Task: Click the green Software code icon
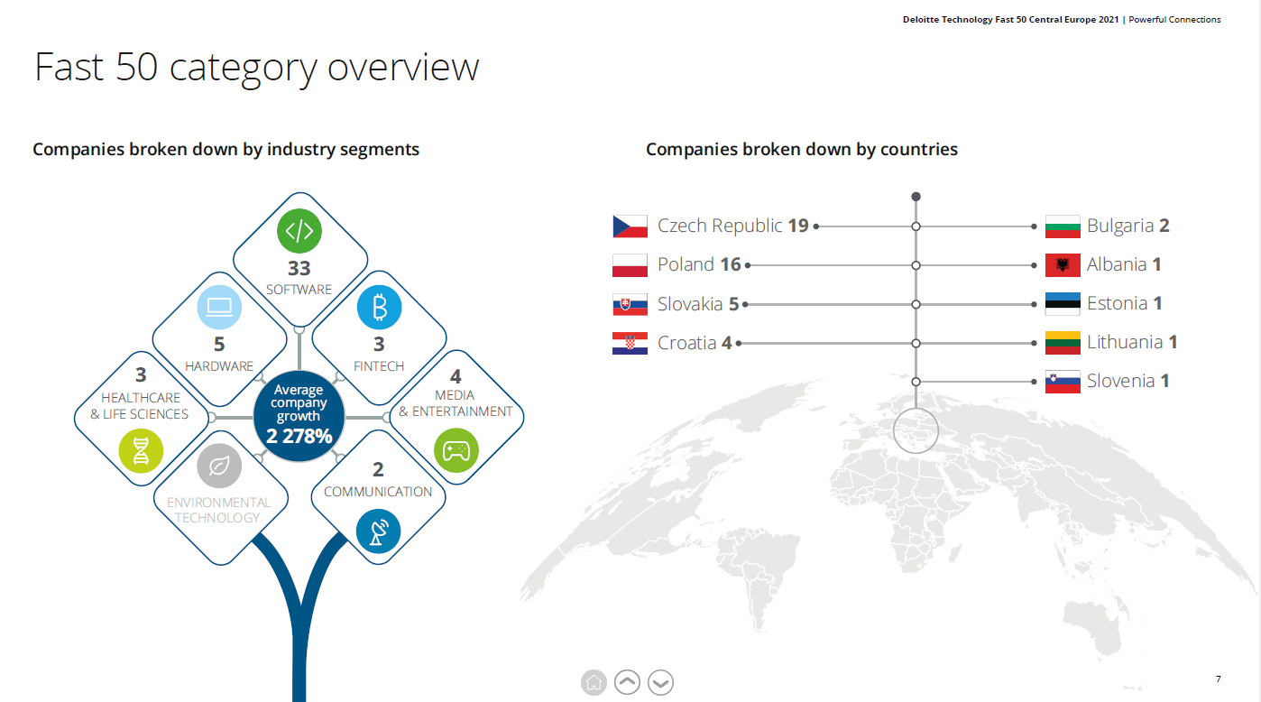(299, 231)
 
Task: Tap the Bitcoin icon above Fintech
(380, 308)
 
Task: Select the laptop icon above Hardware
(219, 307)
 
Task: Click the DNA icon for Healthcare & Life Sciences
(141, 451)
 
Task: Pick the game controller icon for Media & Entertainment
(456, 450)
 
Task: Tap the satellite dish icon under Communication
(378, 531)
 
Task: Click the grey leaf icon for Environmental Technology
(219, 466)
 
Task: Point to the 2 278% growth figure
(299, 437)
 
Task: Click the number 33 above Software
(299, 268)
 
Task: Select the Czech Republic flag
(630, 226)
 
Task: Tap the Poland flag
(630, 265)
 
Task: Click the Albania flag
(1063, 265)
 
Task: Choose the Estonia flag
(1063, 304)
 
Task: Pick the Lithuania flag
(1063, 343)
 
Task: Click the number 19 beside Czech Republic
(797, 226)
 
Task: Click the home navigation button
(594, 682)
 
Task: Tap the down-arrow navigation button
(660, 682)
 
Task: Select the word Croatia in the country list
(686, 343)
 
